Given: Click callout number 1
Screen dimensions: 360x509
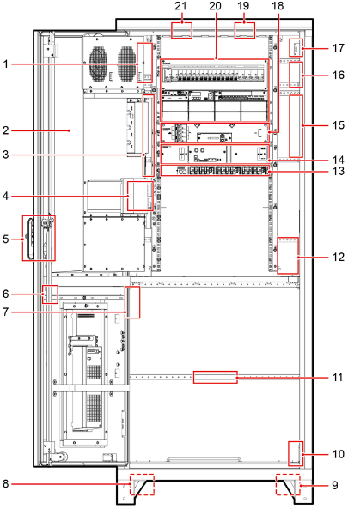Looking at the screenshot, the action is tap(5, 64).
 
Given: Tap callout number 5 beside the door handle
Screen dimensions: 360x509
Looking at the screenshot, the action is tap(5, 239).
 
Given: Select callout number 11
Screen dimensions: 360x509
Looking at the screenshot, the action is tap(338, 377).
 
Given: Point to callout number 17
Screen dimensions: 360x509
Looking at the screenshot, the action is tap(338, 48).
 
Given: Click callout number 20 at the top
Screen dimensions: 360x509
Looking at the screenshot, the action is tap(215, 5).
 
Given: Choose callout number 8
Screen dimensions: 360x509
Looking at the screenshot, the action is tap(5, 484).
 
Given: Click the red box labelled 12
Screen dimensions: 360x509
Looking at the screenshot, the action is tap(288, 256).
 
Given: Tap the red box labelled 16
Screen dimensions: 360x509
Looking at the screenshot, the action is tap(296, 75).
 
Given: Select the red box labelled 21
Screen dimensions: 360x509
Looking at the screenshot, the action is tap(181, 30).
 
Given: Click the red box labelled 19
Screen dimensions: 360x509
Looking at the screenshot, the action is tap(245, 30).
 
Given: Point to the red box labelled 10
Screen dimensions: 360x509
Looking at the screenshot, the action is tap(296, 453).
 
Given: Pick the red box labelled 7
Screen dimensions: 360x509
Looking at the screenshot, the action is tap(133, 302).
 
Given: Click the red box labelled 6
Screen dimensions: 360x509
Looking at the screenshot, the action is tap(50, 294).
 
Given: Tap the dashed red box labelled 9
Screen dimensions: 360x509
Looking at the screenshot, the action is tap(288, 484).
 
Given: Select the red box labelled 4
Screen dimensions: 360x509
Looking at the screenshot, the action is tap(140, 196).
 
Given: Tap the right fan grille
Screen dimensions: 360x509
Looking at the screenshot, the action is tap(127, 63).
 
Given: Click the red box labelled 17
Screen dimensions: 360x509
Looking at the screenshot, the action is tap(296, 47).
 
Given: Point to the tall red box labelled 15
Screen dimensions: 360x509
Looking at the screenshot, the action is tap(296, 126).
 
